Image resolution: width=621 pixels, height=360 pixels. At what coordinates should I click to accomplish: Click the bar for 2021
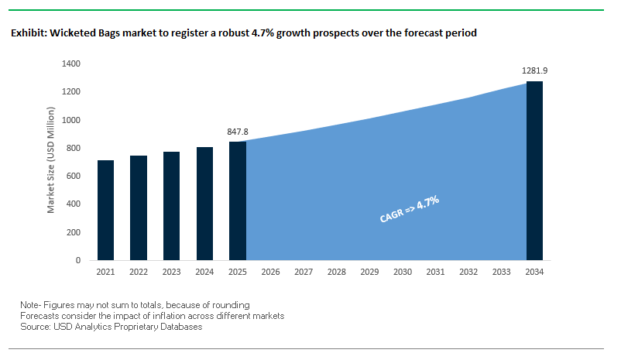coord(106,210)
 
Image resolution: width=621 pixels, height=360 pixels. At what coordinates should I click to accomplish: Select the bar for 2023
coord(172,206)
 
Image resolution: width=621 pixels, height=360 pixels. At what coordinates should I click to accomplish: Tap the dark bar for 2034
coord(534,170)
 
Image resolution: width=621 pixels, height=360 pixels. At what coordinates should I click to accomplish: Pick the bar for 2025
coord(237,201)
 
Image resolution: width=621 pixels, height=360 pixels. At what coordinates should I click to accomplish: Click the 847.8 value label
coord(237,132)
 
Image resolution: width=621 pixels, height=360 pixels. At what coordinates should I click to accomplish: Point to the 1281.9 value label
coord(534,71)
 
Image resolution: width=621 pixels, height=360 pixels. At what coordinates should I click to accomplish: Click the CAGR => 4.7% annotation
coord(410,209)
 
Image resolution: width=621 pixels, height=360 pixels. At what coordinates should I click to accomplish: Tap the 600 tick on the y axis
coord(74,176)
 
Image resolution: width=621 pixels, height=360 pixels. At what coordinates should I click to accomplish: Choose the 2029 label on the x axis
coord(369,273)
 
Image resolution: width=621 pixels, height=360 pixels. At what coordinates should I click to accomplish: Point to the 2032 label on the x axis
coord(468,273)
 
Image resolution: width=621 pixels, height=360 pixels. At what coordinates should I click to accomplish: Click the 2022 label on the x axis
coord(139,273)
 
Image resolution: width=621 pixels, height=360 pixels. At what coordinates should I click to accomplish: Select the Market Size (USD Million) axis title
coord(51,162)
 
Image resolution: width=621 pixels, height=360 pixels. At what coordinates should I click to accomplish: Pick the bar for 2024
coord(204,204)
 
